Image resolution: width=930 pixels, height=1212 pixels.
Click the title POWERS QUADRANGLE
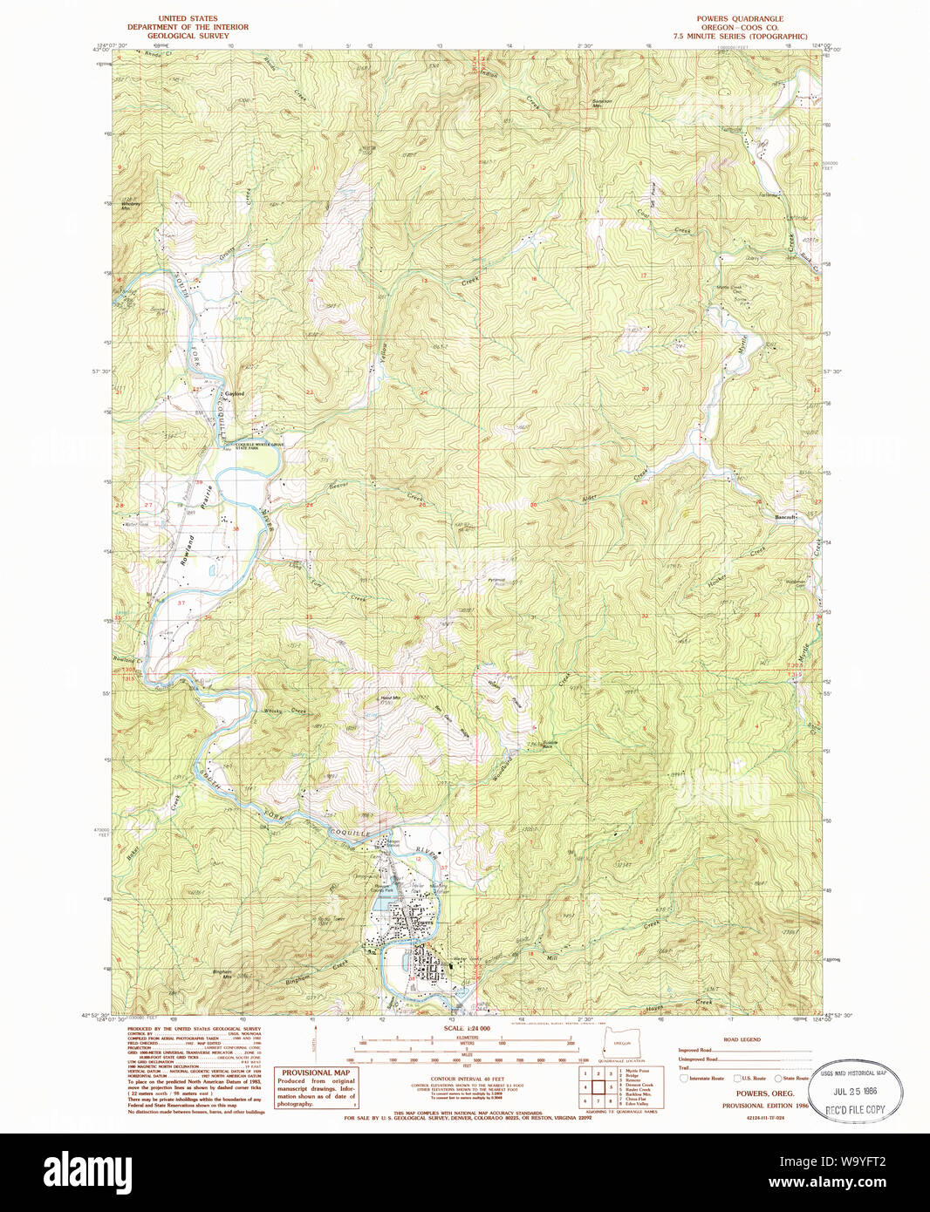point(739,18)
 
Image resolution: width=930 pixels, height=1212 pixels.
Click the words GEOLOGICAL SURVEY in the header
point(188,37)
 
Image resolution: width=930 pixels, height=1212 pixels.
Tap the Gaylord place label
point(234,394)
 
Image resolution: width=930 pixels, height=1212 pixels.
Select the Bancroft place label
point(786,517)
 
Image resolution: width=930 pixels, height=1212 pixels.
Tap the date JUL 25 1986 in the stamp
point(855,1091)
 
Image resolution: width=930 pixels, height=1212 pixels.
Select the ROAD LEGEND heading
point(742,1039)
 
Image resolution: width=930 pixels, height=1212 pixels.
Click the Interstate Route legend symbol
point(685,1079)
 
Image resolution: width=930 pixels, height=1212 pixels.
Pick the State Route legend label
point(796,1079)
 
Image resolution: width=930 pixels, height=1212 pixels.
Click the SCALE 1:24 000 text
point(467,1028)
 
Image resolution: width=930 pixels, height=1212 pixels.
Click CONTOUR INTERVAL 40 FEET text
point(467,1079)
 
